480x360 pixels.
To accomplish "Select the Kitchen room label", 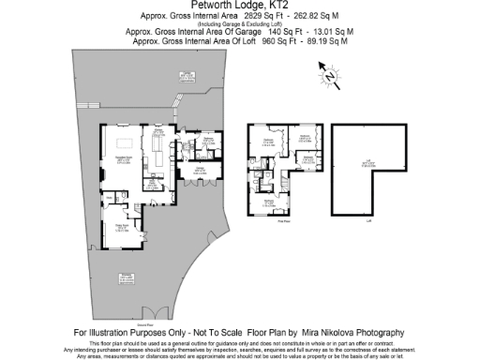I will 160,134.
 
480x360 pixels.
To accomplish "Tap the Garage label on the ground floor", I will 201,170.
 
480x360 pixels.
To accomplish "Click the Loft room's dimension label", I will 373,164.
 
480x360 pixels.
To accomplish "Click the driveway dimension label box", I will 126,277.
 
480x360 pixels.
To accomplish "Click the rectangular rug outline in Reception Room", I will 123,154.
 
